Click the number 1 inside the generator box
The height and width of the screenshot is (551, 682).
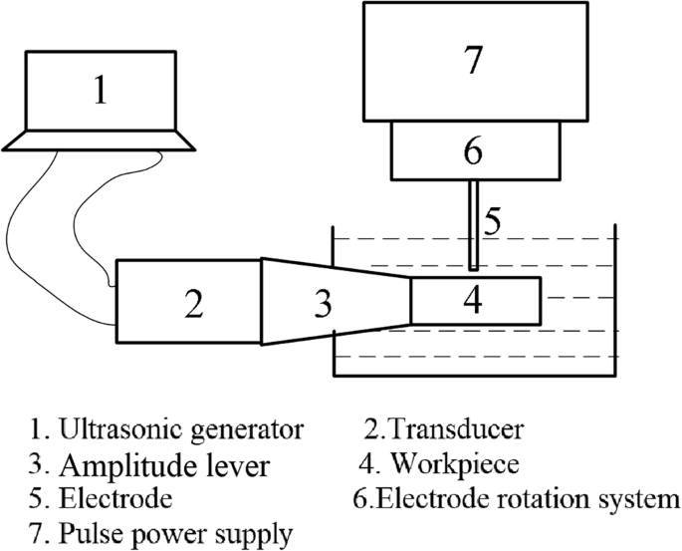click(99, 92)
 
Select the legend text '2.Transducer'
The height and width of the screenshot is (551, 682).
click(446, 430)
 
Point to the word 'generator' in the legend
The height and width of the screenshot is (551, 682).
click(252, 431)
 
